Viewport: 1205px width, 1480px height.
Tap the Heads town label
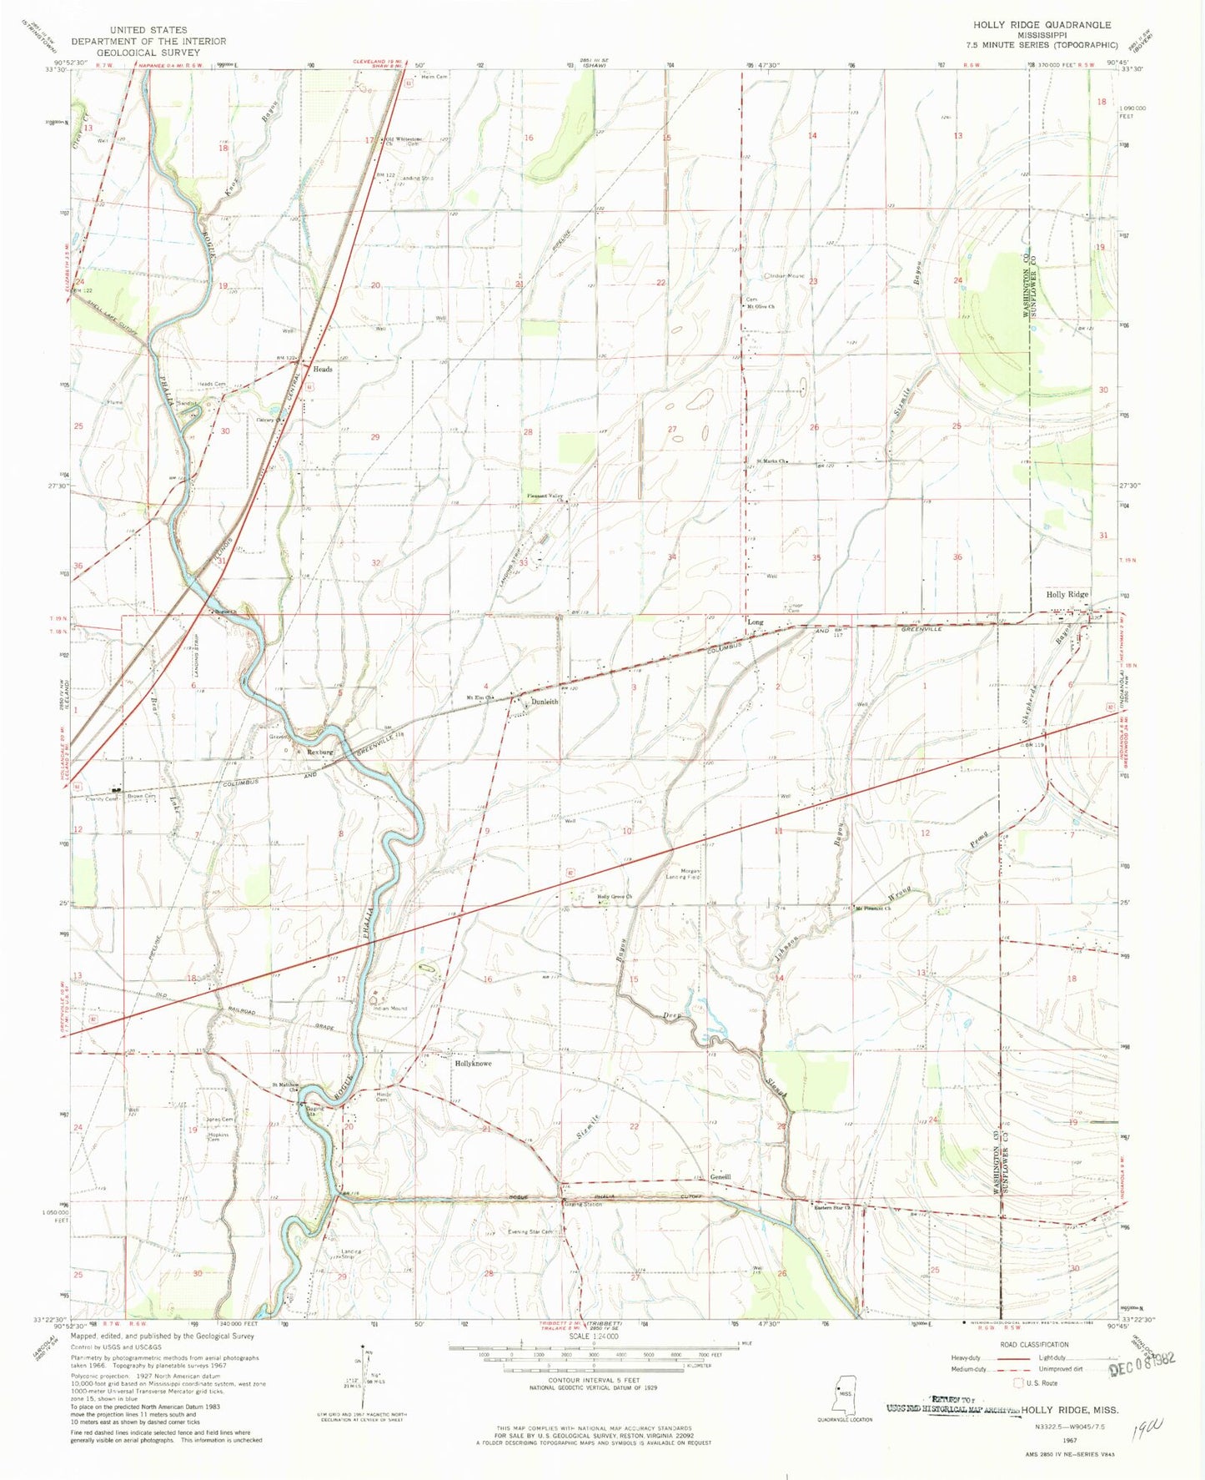[322, 369]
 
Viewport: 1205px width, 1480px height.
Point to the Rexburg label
[319, 752]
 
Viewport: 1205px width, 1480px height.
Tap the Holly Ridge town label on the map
[1067, 595]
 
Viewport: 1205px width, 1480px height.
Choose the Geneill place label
[720, 1176]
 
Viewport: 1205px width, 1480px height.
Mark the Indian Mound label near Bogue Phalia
[389, 1009]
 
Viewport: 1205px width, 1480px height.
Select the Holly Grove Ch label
[615, 897]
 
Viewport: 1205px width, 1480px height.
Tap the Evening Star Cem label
[531, 1231]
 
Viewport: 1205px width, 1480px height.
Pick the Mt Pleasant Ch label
[877, 908]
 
